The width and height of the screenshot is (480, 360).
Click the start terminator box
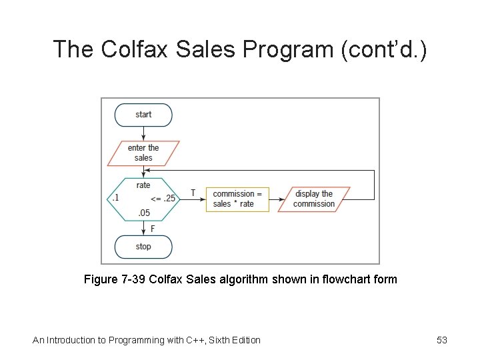pos(143,115)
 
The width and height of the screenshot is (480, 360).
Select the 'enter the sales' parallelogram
pos(143,153)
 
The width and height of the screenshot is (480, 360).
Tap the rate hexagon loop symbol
pos(143,199)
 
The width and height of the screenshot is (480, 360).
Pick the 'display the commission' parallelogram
pos(313,199)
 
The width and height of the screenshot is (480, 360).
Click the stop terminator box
pos(143,247)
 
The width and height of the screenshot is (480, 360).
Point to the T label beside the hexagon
pos(193,193)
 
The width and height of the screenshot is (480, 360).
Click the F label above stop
pos(153,229)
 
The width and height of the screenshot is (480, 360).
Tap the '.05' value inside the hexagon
pos(143,213)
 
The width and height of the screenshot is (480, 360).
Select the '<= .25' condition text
pos(163,198)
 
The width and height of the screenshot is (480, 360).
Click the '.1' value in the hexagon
pos(115,198)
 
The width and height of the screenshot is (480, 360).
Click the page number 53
pos(441,340)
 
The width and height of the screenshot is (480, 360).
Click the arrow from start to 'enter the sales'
pos(143,133)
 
